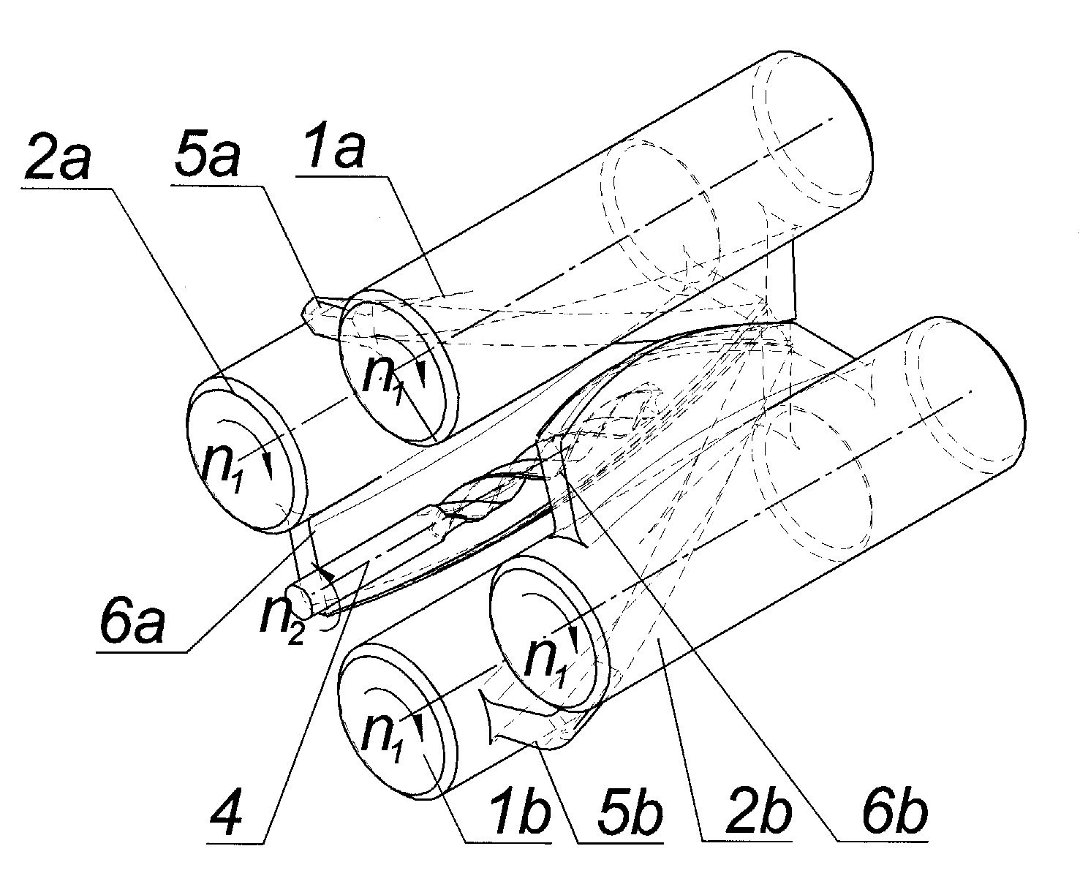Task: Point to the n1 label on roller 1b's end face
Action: click(x=382, y=736)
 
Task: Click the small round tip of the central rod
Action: click(x=300, y=601)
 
